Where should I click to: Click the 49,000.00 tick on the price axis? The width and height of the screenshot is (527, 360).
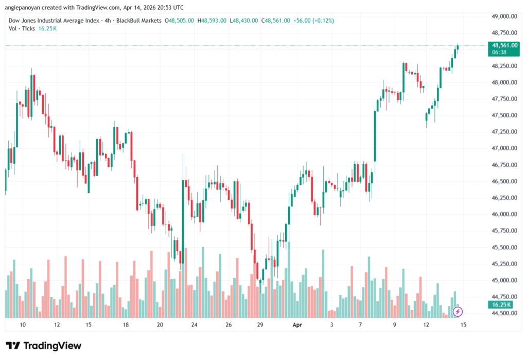click(x=504, y=16)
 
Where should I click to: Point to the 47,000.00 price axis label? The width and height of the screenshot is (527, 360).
click(x=504, y=148)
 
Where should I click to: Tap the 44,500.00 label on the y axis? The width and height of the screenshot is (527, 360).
click(x=504, y=313)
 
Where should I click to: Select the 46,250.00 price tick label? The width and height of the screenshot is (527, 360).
click(x=504, y=198)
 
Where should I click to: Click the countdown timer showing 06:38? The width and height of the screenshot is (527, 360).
click(x=498, y=52)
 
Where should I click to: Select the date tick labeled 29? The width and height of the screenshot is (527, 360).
click(x=260, y=325)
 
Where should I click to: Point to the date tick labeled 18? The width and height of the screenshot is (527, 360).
click(x=126, y=325)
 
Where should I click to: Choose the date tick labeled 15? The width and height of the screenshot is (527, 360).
click(x=89, y=325)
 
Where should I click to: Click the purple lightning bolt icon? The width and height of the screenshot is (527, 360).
click(x=458, y=312)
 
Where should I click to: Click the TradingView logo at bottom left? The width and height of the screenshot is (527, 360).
click(x=44, y=346)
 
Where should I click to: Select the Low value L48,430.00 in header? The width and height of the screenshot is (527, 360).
click(x=244, y=20)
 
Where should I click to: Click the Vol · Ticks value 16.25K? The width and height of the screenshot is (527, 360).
click(x=47, y=28)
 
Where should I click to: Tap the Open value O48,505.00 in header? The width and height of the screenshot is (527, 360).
click(x=179, y=20)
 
